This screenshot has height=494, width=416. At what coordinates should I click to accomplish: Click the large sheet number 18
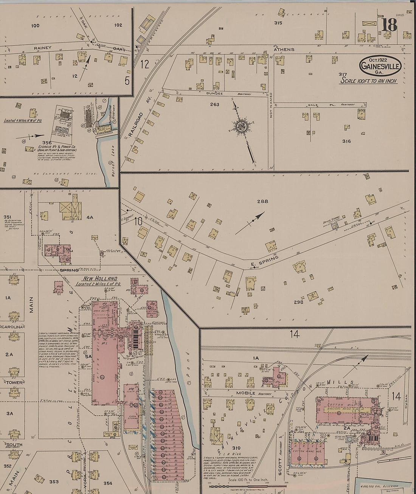click(389, 25)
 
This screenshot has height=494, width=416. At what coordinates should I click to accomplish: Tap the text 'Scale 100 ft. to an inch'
click(369, 81)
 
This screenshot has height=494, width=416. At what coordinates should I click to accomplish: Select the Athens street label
click(284, 50)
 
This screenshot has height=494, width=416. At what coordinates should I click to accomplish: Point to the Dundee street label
click(214, 93)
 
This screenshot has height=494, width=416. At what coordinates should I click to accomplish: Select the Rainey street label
click(42, 48)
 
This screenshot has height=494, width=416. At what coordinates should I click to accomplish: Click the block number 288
click(262, 201)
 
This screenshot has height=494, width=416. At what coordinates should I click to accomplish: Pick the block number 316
click(346, 141)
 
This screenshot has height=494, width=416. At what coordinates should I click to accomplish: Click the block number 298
click(298, 302)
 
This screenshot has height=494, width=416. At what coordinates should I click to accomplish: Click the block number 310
click(236, 448)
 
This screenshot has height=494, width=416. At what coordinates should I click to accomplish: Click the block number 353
click(54, 482)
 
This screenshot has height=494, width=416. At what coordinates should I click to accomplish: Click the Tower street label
click(14, 383)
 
